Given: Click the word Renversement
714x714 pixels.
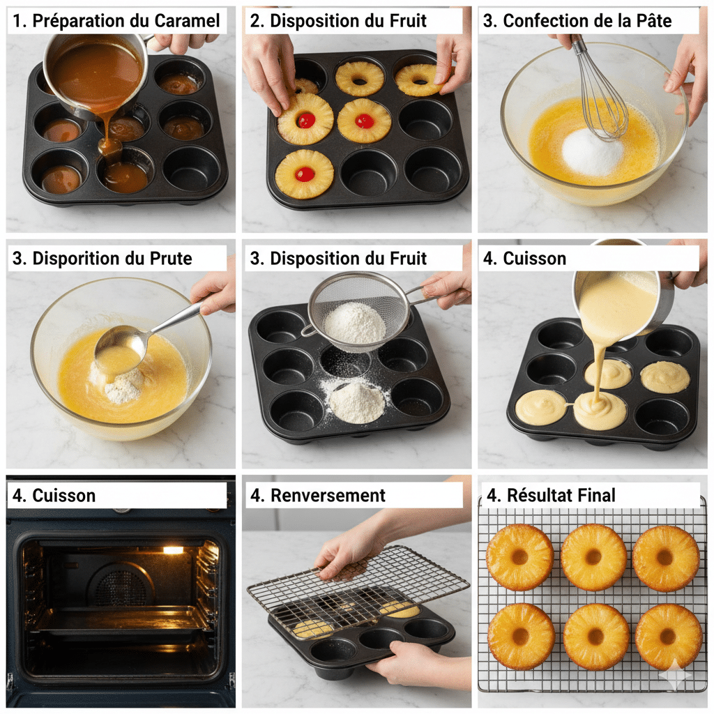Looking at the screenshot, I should (328, 496).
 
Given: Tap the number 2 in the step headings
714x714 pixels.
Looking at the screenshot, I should (256, 21).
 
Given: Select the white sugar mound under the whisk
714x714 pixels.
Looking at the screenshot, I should (592, 153).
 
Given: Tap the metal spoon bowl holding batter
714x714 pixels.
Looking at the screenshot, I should (120, 343).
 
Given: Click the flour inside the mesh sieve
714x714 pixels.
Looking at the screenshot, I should (355, 322).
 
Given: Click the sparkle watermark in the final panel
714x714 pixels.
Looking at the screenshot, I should (675, 674).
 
